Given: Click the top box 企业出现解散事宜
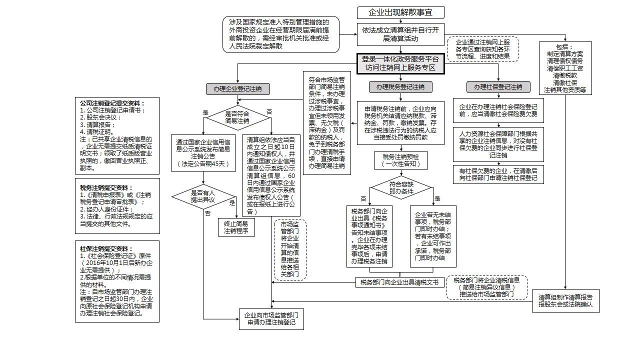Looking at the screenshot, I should tap(400, 12).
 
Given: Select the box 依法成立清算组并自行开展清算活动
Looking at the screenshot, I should tap(400, 34).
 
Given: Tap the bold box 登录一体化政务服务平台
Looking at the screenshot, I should tap(400, 63).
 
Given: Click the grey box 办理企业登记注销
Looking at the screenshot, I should tap(237, 89).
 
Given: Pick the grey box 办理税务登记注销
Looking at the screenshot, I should tap(400, 87).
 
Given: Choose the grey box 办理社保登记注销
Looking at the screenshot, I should tap(498, 87).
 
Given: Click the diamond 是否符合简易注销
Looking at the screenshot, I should tap(237, 117).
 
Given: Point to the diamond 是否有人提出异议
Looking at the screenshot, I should tap(203, 196).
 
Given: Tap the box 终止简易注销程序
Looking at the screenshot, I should tap(236, 227).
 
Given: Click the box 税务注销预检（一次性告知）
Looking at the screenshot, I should tap(401, 160).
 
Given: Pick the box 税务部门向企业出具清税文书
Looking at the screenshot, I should tap(399, 282).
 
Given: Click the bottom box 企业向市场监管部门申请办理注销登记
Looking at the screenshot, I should tap(271, 319).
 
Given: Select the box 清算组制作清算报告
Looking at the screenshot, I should tap(565, 300).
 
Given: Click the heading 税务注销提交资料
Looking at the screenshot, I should tap(103, 187).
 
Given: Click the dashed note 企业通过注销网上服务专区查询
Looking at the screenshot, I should tap(482, 49).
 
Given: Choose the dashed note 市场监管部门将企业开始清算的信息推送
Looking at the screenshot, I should tap(290, 249).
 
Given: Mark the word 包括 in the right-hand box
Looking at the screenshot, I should tap(565, 46).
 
